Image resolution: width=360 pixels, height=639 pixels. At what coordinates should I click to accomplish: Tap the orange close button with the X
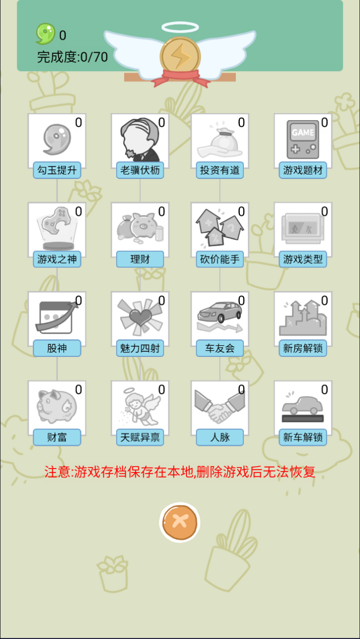tap(179, 522)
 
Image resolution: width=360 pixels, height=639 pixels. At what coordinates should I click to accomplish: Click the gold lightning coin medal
tap(180, 56)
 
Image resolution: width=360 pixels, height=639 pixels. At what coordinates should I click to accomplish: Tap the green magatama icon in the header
tap(45, 34)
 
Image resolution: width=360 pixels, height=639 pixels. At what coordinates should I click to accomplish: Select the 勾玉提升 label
tap(57, 170)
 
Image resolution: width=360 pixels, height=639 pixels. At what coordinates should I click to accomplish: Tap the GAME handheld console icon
tap(303, 139)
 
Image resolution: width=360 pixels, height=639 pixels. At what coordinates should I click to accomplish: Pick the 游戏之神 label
tap(57, 259)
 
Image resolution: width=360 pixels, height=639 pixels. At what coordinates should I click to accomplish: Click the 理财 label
tap(140, 259)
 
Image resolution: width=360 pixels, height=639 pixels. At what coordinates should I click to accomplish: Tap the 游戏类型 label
tap(303, 259)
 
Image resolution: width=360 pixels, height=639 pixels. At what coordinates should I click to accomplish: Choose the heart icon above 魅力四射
tap(140, 317)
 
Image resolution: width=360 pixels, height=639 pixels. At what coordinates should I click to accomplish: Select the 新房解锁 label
tap(303, 348)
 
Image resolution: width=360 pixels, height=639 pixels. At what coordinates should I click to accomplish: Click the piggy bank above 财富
tap(57, 406)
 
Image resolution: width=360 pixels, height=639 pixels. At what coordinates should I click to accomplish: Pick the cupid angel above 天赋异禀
tap(140, 407)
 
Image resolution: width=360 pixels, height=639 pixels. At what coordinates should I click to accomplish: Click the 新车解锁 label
tap(303, 437)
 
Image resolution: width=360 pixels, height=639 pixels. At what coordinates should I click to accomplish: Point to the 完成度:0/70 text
tap(72, 57)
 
